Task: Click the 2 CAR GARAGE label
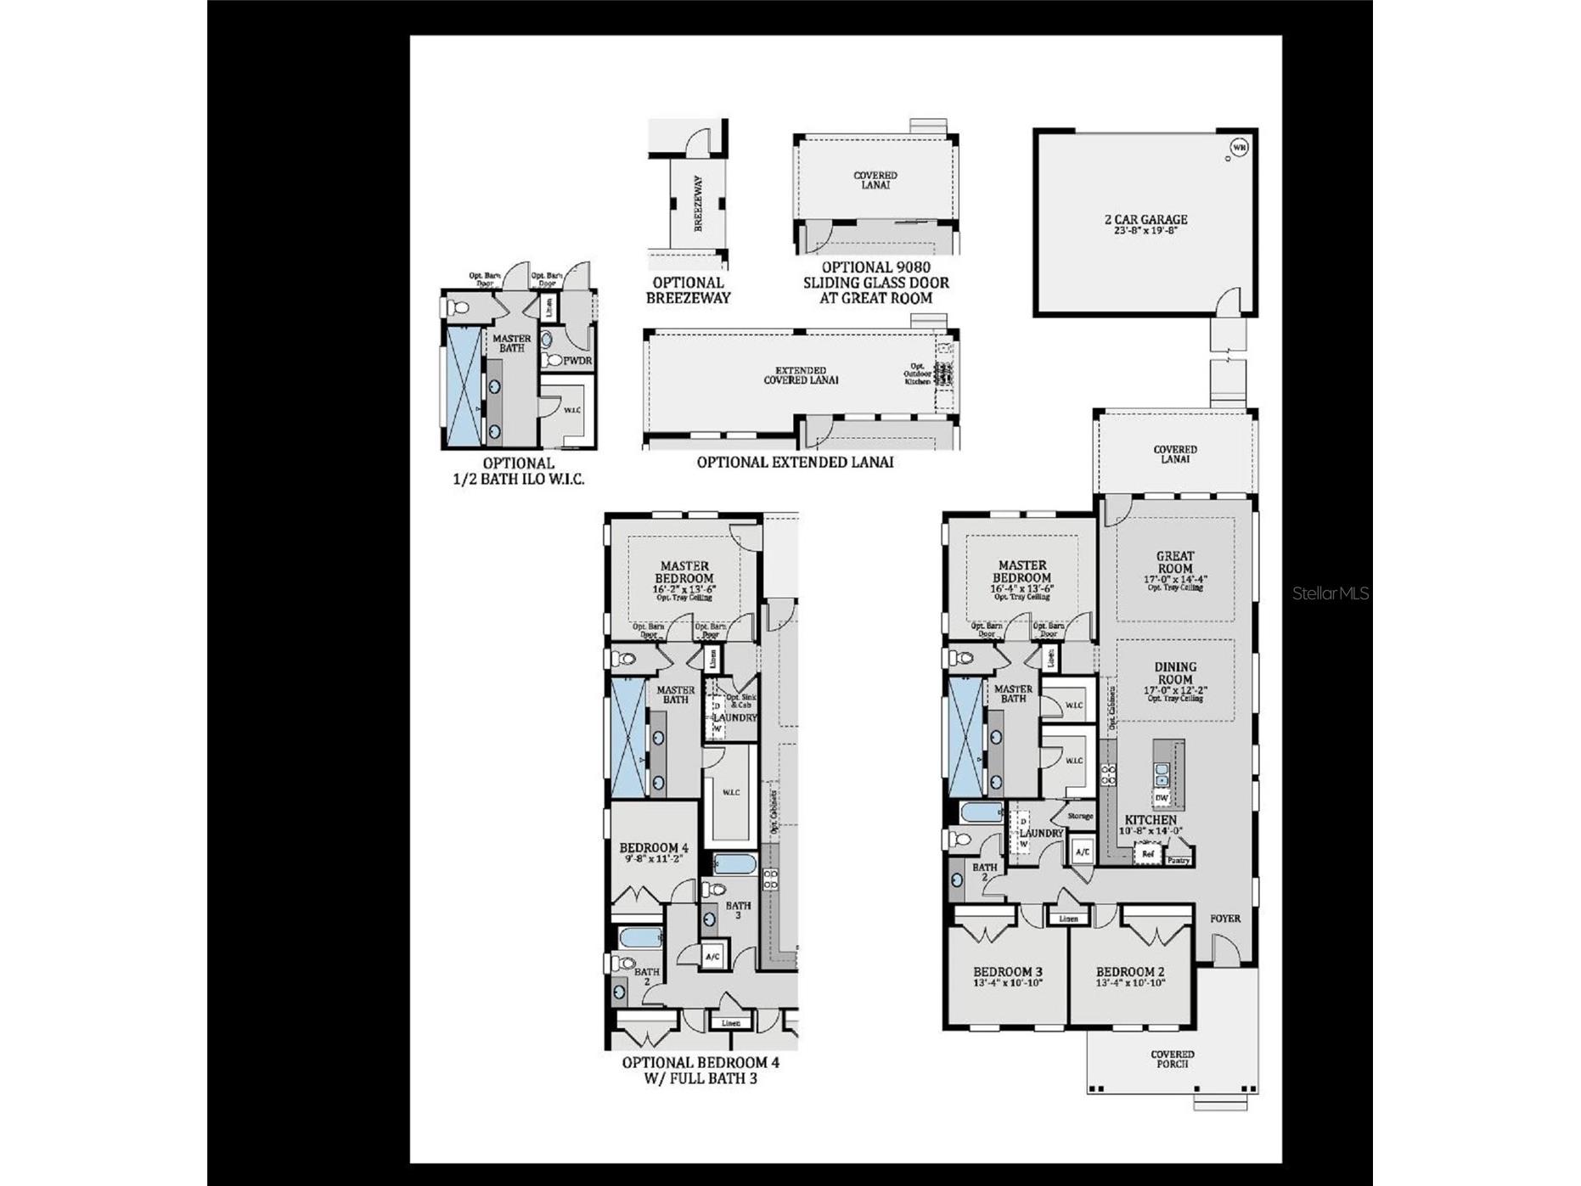pos(1145,219)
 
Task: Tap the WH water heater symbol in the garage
pos(1239,148)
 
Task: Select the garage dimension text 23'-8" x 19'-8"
pos(1145,230)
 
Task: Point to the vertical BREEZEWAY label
pos(698,204)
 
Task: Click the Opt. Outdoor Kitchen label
pos(917,374)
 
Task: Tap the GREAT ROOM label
pos(1174,562)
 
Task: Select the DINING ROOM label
pos(1175,673)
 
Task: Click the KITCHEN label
pos(1151,820)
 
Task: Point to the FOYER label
pos(1225,919)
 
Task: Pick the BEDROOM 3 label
pos(1008,972)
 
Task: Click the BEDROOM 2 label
pos(1130,972)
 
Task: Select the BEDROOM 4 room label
pos(654,847)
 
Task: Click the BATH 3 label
pos(738,911)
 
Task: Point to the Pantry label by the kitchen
pos(1178,860)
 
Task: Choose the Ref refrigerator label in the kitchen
pos(1148,854)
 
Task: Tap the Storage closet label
pos(1080,816)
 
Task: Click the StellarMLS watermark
pos(1331,593)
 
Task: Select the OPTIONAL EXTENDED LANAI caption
pos(795,463)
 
